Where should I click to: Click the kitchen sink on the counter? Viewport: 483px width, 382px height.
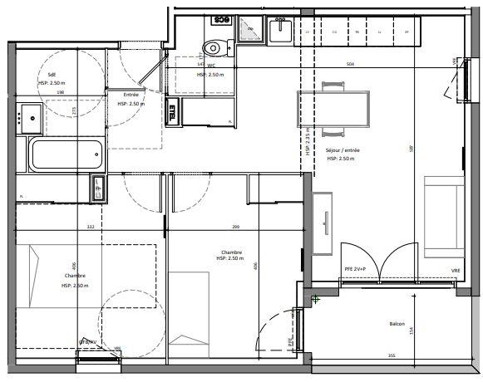pyautogui.click(x=280, y=31)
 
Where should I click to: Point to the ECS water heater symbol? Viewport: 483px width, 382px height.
pyautogui.click(x=222, y=19)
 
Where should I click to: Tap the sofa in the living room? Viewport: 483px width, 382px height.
pyautogui.click(x=442, y=218)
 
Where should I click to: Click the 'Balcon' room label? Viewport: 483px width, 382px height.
pyautogui.click(x=397, y=325)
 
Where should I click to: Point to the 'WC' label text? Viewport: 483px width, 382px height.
pyautogui.click(x=212, y=66)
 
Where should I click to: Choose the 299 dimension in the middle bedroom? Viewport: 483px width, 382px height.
pyautogui.click(x=235, y=227)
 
